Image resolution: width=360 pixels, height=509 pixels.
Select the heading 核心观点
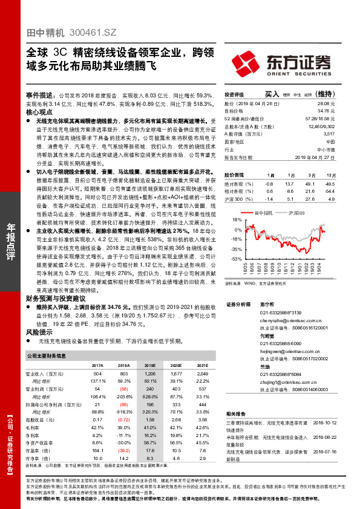tap(39, 112)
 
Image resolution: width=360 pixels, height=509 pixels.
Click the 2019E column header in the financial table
tap(149, 366)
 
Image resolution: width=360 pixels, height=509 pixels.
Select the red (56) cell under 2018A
tap(123, 389)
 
